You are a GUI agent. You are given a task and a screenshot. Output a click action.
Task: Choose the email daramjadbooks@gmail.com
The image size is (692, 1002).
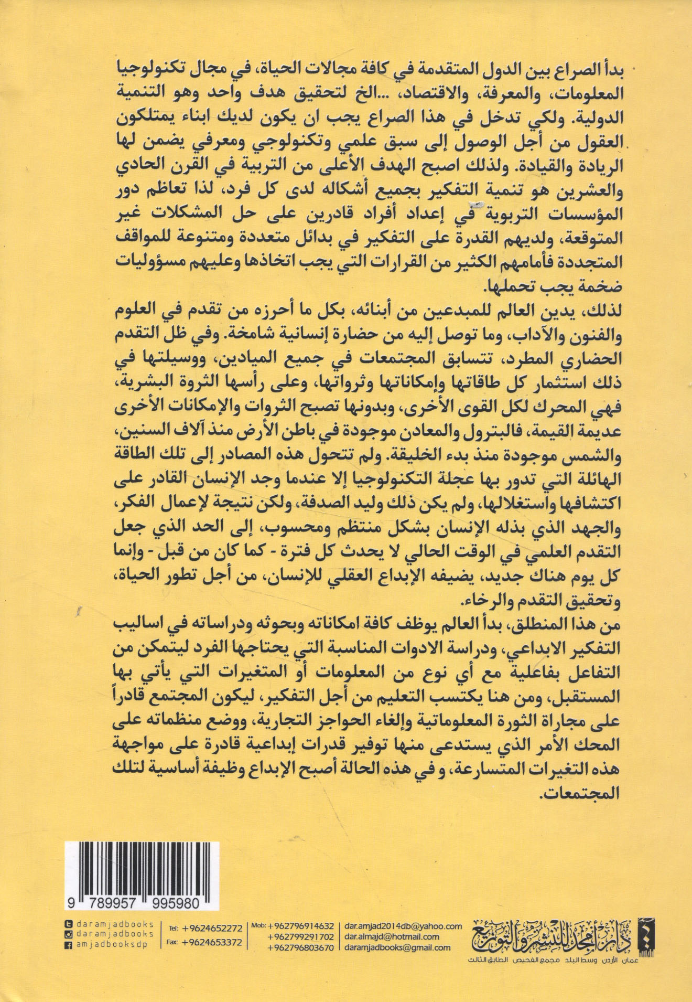(x=396, y=947)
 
